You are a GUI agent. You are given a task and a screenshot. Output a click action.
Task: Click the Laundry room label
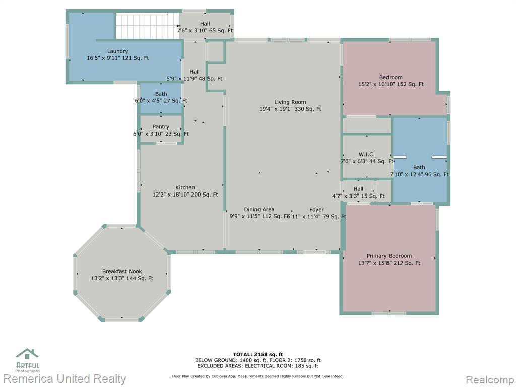click(x=117, y=51)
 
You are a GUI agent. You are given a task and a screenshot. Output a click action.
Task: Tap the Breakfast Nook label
click(x=122, y=271)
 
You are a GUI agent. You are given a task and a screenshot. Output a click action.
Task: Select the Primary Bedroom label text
click(x=389, y=256)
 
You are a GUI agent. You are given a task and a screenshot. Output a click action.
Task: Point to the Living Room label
click(x=290, y=102)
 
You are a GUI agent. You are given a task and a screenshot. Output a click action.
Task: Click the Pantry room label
click(x=161, y=126)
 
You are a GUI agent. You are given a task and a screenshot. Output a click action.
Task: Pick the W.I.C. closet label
click(x=367, y=154)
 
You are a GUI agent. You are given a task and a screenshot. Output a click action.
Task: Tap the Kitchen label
click(x=185, y=187)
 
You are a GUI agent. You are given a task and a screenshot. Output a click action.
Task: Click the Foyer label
click(x=316, y=210)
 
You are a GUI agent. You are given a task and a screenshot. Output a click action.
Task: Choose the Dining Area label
click(x=259, y=209)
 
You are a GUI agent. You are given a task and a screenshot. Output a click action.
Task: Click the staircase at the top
click(x=147, y=26)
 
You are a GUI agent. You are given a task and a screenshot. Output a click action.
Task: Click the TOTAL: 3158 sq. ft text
click(x=257, y=354)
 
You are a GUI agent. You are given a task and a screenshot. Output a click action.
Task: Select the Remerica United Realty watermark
click(x=64, y=379)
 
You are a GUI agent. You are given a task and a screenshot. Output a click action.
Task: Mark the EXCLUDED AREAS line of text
click(x=257, y=366)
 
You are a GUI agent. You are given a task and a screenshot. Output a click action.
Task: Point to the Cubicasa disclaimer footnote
click(x=257, y=376)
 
